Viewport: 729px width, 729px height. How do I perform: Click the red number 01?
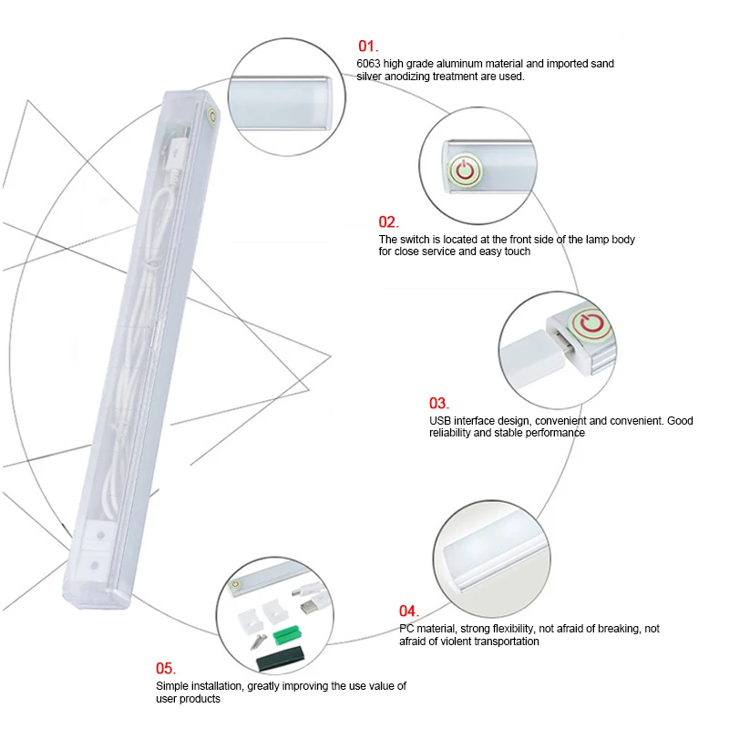tap(366, 46)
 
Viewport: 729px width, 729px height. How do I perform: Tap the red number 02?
tap(389, 221)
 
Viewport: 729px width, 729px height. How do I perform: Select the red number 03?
tap(439, 403)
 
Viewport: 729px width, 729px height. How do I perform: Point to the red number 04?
tap(408, 611)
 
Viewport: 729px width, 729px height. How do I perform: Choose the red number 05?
tap(166, 668)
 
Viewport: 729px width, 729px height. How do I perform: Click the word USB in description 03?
tap(440, 421)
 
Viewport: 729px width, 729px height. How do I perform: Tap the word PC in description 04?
tap(406, 629)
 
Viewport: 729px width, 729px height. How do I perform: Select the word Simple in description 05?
tap(170, 685)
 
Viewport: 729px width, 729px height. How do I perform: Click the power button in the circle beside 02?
tap(465, 169)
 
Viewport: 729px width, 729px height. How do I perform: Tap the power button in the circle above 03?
tap(590, 323)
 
